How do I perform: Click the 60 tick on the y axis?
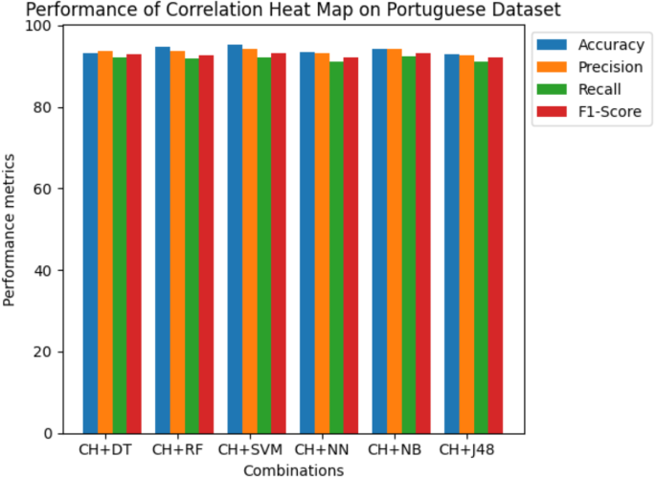44,189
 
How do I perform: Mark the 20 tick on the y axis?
44,352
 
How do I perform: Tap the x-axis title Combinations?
293,469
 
